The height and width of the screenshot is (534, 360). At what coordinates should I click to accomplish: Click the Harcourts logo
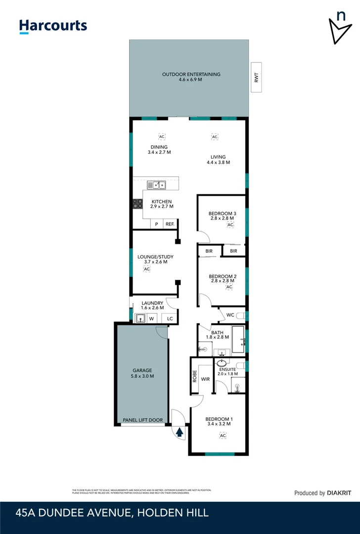pyautogui.click(x=53, y=26)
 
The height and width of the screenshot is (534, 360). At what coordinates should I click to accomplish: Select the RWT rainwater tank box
pyautogui.click(x=256, y=77)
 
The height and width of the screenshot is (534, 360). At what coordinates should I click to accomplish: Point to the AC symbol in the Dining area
pyautogui.click(x=161, y=136)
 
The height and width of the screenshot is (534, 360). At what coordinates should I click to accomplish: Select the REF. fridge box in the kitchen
pyautogui.click(x=170, y=224)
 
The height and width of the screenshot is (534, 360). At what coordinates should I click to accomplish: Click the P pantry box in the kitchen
pyautogui.click(x=157, y=224)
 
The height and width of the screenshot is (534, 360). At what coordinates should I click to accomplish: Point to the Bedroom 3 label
pyautogui.click(x=222, y=213)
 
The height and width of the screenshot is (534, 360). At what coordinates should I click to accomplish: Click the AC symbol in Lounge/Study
pyautogui.click(x=146, y=269)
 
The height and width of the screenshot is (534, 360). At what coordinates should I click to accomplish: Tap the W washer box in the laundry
pyautogui.click(x=152, y=319)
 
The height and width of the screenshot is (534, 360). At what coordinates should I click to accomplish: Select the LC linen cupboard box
pyautogui.click(x=170, y=319)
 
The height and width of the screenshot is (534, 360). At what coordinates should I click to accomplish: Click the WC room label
pyautogui.click(x=230, y=314)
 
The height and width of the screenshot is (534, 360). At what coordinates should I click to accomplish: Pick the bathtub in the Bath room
pyautogui.click(x=238, y=339)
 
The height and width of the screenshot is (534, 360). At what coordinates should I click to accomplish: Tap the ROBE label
pyautogui.click(x=195, y=377)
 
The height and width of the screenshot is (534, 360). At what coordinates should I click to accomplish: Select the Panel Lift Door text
pyautogui.click(x=143, y=420)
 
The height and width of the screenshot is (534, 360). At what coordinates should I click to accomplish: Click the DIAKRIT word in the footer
pyautogui.click(x=339, y=492)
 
